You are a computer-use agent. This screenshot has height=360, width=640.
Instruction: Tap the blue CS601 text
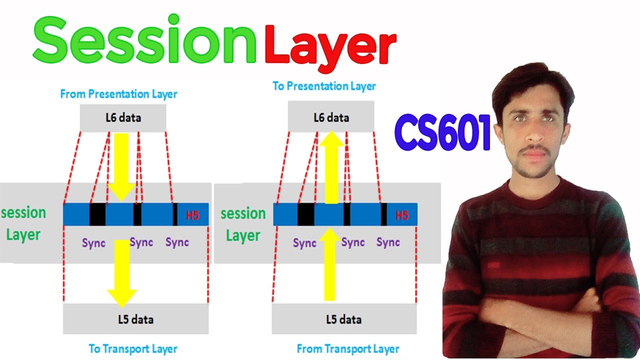click(x=442, y=133)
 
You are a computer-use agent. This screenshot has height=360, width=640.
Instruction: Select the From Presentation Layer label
click(x=118, y=93)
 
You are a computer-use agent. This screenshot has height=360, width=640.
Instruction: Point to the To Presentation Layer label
click(x=324, y=86)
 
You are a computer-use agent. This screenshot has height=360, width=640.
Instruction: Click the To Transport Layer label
click(x=133, y=348)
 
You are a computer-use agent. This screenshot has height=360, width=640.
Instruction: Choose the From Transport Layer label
click(x=348, y=348)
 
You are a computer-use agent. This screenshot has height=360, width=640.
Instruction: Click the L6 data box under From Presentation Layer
click(x=122, y=118)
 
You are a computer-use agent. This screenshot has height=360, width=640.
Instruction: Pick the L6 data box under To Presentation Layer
click(x=331, y=118)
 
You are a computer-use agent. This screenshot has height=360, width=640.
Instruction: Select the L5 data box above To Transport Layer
click(x=135, y=319)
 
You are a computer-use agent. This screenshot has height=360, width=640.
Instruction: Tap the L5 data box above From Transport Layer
click(x=344, y=319)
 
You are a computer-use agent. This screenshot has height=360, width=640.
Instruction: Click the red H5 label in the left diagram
click(x=192, y=216)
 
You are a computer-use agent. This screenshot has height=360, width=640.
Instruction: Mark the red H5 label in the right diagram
click(x=402, y=215)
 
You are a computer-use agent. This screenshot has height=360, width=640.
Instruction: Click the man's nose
click(x=532, y=135)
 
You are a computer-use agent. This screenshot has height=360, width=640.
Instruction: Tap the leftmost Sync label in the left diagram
click(x=94, y=243)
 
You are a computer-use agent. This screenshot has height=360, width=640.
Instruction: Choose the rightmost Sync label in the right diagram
click(x=388, y=243)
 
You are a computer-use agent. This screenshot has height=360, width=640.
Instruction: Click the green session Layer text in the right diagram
click(x=243, y=224)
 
